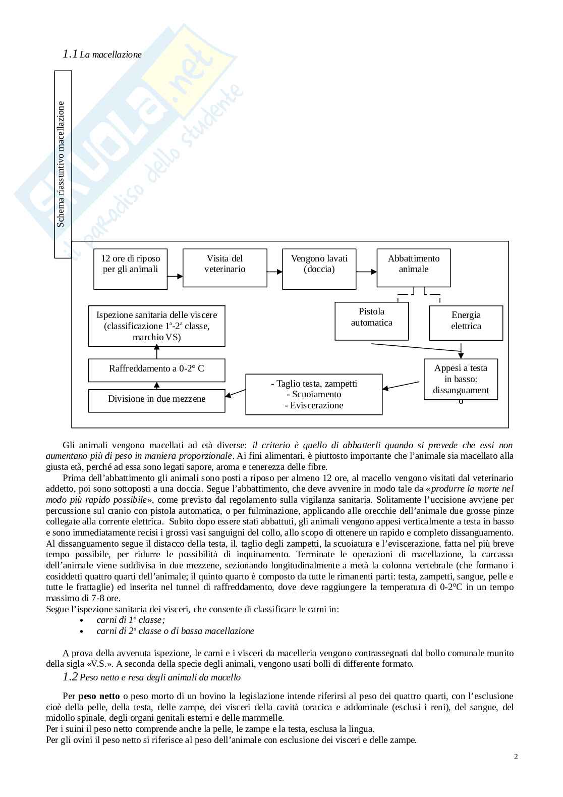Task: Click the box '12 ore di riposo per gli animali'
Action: click(130, 269)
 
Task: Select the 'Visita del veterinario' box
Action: click(224, 268)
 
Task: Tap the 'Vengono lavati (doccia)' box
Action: click(319, 269)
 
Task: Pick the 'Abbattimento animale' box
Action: click(414, 268)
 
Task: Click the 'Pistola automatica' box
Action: click(371, 321)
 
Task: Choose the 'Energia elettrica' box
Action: click(466, 323)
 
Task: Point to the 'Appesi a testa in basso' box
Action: click(461, 380)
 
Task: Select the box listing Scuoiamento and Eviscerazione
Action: click(314, 394)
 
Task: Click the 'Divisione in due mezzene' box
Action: click(156, 401)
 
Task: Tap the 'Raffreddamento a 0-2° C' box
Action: click(156, 370)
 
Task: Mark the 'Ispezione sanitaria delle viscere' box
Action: click(156, 326)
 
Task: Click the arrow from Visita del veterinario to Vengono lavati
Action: click(275, 272)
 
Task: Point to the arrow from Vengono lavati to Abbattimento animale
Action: click(367, 272)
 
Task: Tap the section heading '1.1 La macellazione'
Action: click(102, 54)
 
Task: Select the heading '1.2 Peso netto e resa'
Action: click(151, 677)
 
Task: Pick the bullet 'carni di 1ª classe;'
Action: click(131, 620)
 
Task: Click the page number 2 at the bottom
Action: click(516, 756)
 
